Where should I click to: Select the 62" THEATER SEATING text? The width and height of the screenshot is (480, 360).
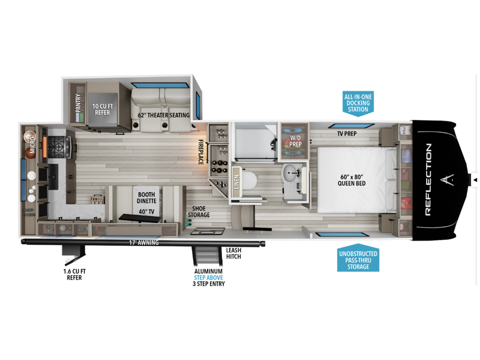[163, 115]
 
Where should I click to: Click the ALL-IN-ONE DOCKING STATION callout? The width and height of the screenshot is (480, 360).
[358, 103]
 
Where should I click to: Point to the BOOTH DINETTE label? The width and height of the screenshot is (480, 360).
[146, 198]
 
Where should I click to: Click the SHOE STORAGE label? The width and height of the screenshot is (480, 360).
[199, 212]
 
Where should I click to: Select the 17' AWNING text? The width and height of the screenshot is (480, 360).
[144, 243]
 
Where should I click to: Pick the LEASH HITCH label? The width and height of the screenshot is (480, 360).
[234, 253]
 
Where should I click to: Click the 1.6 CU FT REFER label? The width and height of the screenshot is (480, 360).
[74, 275]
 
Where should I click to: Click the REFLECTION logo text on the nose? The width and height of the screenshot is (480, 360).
[428, 179]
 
